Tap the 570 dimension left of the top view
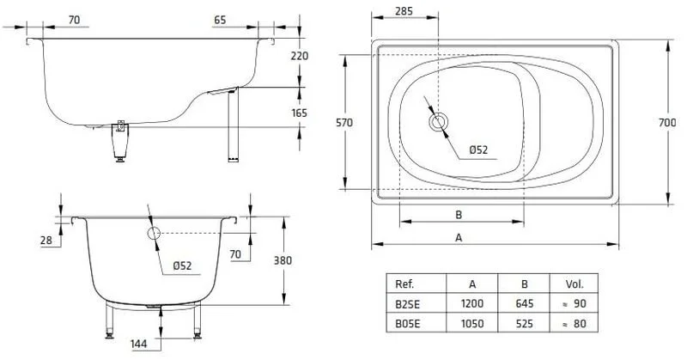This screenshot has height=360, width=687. (x=343, y=124)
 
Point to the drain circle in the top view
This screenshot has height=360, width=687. (x=439, y=121)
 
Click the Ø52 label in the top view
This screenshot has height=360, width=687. (x=478, y=149)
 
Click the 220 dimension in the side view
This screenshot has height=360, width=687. (x=299, y=55)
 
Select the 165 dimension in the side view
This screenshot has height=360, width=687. (x=299, y=113)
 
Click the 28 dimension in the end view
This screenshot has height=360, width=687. (x=46, y=241)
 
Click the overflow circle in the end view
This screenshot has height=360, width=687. (x=155, y=233)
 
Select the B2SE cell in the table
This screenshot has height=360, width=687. (x=405, y=305)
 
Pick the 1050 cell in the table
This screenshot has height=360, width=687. (x=472, y=324)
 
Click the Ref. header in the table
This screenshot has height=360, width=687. (x=404, y=285)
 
